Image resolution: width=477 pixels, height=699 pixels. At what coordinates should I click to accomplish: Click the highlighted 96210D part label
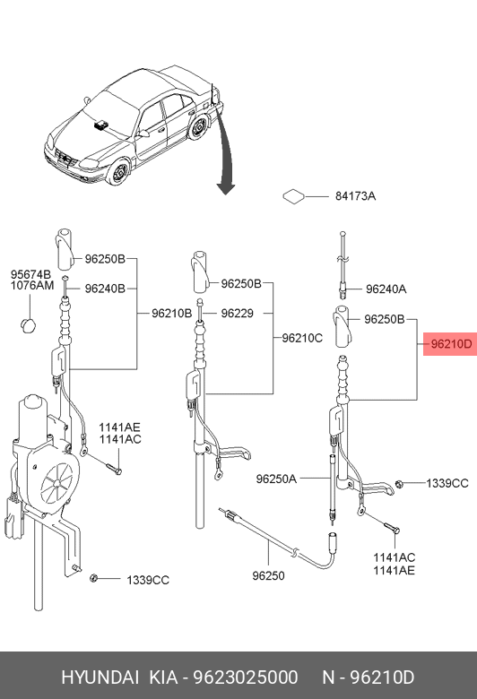pos(450,344)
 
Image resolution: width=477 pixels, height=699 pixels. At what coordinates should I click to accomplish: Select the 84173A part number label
pos(355,196)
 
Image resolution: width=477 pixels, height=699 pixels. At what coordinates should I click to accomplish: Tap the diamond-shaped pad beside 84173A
pos(293,196)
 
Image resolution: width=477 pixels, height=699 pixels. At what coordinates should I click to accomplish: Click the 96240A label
pos(386,289)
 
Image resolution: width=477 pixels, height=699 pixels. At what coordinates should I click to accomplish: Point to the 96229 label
pos(237,314)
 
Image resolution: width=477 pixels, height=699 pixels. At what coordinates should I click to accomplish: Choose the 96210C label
pos(302,339)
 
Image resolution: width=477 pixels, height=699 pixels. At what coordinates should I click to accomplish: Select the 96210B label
pos(172,314)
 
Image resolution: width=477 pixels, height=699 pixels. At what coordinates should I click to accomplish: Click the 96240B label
pos(105,289)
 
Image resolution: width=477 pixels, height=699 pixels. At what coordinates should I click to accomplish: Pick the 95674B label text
pos(30,274)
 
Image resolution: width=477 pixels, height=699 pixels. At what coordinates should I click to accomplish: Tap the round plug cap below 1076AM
pos(29,325)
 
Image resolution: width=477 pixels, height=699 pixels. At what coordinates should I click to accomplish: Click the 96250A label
pos(276,479)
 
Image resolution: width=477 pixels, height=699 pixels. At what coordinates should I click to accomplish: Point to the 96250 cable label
pos(268,576)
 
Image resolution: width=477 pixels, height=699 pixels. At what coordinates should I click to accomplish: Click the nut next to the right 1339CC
pos(400,484)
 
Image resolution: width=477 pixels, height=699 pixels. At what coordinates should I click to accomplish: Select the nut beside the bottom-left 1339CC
pos(94,578)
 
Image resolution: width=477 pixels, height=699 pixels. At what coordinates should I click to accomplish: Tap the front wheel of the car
pos(119,173)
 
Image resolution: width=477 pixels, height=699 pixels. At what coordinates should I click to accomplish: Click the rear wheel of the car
pos(197,127)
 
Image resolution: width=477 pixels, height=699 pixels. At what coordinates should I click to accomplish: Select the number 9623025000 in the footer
pos(245,677)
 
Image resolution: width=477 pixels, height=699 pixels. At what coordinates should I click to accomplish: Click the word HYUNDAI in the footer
pos(100,677)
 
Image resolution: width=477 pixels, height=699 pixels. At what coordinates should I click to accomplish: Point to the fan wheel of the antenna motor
pos(56,482)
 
